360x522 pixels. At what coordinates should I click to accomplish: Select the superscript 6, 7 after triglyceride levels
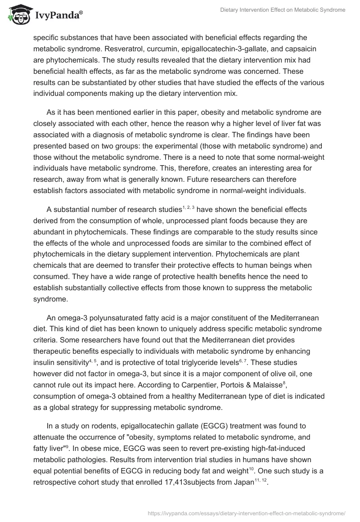click(242, 348)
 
